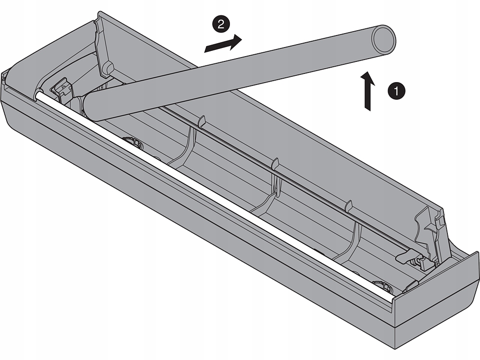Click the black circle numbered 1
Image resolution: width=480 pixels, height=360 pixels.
pyautogui.click(x=396, y=90)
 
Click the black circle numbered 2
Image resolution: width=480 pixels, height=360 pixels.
pyautogui.click(x=220, y=24)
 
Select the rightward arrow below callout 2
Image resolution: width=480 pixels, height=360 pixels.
pyautogui.click(x=222, y=44)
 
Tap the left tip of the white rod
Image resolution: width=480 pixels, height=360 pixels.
pyautogui.click(x=38, y=95)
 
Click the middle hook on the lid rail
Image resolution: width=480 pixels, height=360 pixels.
pyautogui.click(x=275, y=165)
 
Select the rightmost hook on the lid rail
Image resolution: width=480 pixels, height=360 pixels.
pyautogui.click(x=349, y=205)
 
